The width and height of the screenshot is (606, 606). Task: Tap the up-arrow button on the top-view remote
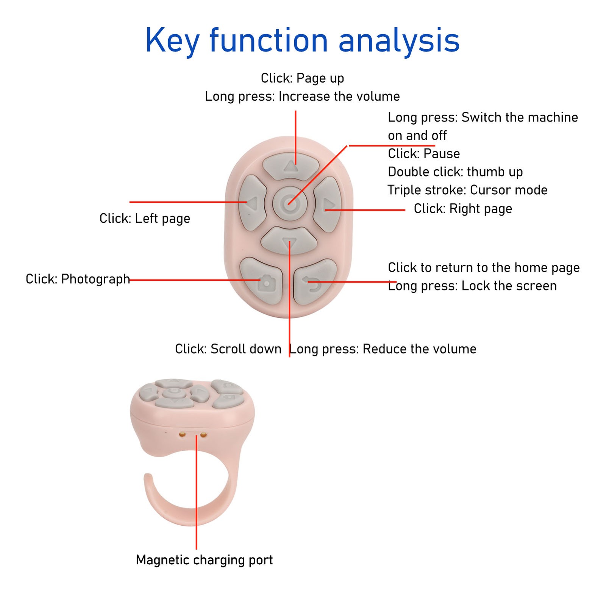(291, 165)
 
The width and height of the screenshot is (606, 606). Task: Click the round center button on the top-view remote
(290, 204)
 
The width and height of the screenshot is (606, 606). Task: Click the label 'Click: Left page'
(145, 219)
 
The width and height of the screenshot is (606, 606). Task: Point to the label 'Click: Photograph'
(78, 279)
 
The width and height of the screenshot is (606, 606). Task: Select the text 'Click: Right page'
(463, 209)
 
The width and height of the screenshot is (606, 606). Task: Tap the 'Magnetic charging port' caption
(204, 560)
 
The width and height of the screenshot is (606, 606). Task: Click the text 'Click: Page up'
(302, 78)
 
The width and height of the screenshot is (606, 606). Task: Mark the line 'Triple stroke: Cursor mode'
(467, 190)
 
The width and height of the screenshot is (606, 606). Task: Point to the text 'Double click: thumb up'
(455, 172)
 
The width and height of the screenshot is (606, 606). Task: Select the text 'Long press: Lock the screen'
(472, 286)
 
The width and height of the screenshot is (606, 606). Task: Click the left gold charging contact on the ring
(183, 434)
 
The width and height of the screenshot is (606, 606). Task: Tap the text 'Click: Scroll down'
(228, 349)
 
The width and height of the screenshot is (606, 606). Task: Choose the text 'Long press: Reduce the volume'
(383, 349)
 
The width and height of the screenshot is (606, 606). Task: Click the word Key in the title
(172, 41)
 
